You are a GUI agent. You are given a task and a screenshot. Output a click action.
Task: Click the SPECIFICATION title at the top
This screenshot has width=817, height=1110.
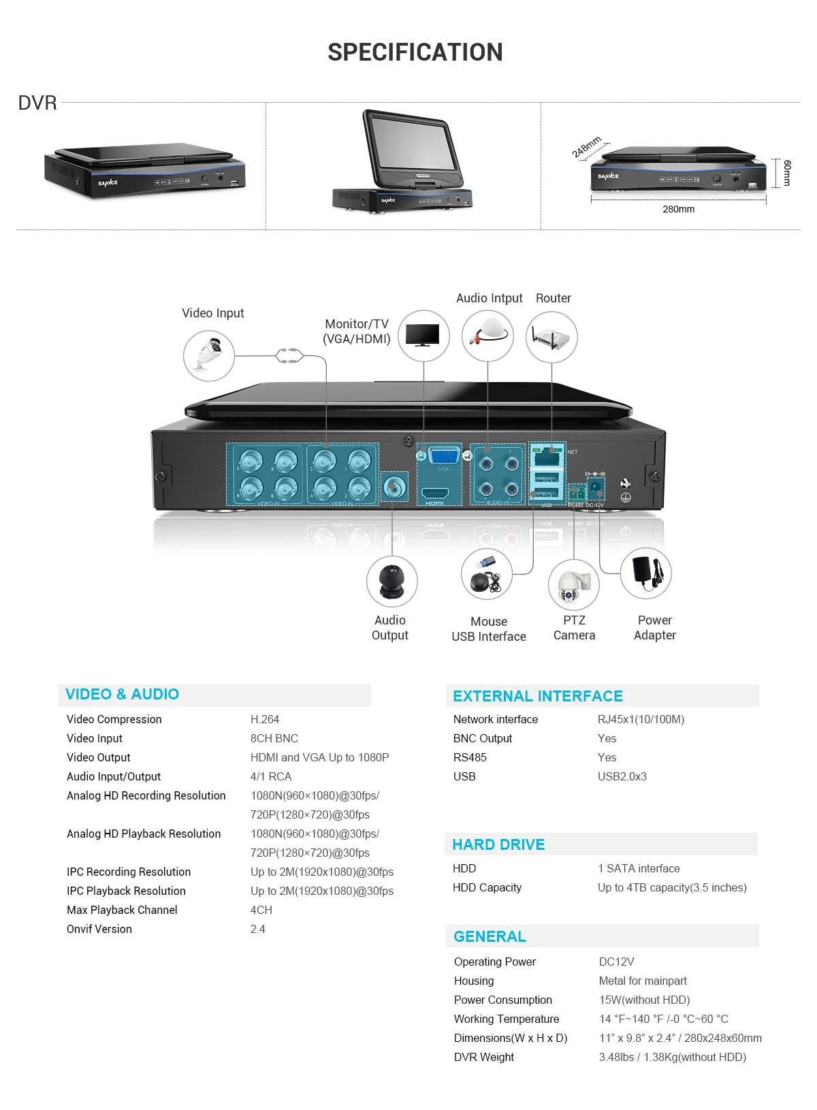(415, 52)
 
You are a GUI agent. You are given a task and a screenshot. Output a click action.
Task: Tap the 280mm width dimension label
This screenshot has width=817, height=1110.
(678, 209)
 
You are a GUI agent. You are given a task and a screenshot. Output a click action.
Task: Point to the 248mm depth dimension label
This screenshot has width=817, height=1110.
(586, 147)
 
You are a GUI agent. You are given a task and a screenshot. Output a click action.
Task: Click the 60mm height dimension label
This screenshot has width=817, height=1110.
(787, 173)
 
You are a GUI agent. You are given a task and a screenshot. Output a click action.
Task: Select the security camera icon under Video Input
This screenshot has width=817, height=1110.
(209, 355)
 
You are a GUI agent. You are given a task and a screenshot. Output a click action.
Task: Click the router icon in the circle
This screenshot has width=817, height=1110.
(551, 337)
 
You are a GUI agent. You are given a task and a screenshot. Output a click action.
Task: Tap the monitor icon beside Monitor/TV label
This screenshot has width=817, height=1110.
(423, 336)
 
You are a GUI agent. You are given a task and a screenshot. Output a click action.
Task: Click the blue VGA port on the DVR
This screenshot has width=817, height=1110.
(444, 456)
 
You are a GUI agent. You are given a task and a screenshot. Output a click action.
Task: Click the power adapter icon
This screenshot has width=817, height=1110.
(646, 573)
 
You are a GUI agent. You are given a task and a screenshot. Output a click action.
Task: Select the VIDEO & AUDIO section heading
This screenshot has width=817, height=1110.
(123, 694)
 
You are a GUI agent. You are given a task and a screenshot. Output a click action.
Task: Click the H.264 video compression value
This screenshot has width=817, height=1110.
(265, 719)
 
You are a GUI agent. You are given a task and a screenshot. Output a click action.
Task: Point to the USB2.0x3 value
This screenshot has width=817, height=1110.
(622, 776)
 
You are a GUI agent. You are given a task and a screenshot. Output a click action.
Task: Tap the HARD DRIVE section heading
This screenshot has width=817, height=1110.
(498, 844)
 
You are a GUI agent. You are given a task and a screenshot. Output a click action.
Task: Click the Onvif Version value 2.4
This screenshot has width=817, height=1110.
(258, 929)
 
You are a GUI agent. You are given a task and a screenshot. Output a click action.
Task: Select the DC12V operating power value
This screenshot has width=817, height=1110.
(616, 962)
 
